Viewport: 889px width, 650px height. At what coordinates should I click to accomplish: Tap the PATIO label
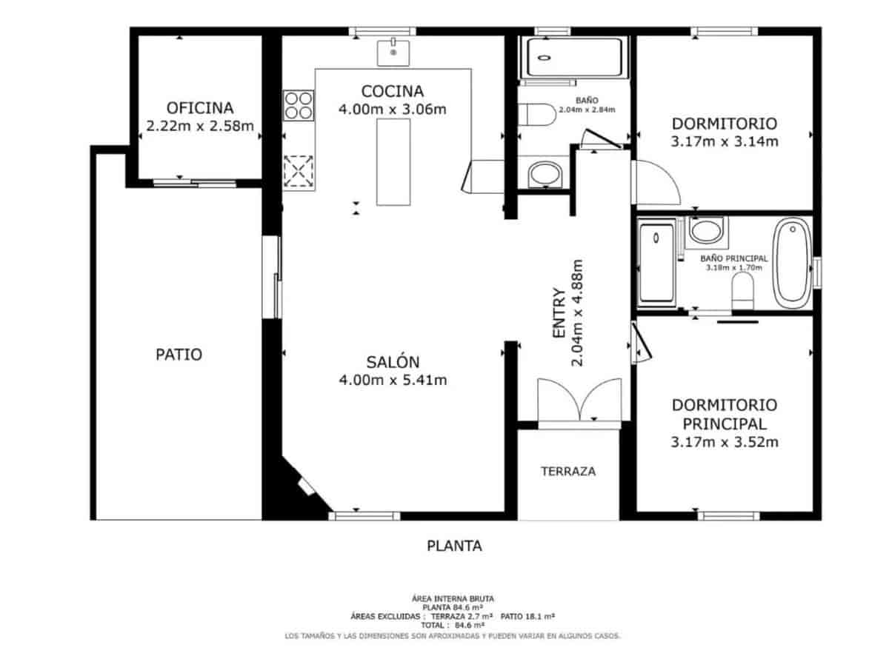tap(179, 355)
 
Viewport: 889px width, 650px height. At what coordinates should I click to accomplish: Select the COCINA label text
tap(392, 91)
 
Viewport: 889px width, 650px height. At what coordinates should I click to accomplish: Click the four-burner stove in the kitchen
tap(299, 104)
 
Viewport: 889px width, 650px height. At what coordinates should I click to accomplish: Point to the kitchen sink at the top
tap(393, 53)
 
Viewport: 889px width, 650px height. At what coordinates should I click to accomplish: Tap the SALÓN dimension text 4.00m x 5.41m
tap(393, 381)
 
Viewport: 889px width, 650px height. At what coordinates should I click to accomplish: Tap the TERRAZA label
tap(568, 471)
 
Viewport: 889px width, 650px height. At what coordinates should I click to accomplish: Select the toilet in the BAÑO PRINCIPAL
tap(742, 290)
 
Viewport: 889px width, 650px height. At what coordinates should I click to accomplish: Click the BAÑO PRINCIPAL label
tap(733, 258)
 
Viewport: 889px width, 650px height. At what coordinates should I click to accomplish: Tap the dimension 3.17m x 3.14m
tap(724, 141)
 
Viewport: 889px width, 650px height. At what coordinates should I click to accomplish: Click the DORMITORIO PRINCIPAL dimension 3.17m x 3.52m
tap(724, 443)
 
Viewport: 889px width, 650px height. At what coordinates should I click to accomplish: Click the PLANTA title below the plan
tap(454, 546)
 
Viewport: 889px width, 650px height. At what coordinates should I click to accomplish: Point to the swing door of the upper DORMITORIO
tap(656, 183)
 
